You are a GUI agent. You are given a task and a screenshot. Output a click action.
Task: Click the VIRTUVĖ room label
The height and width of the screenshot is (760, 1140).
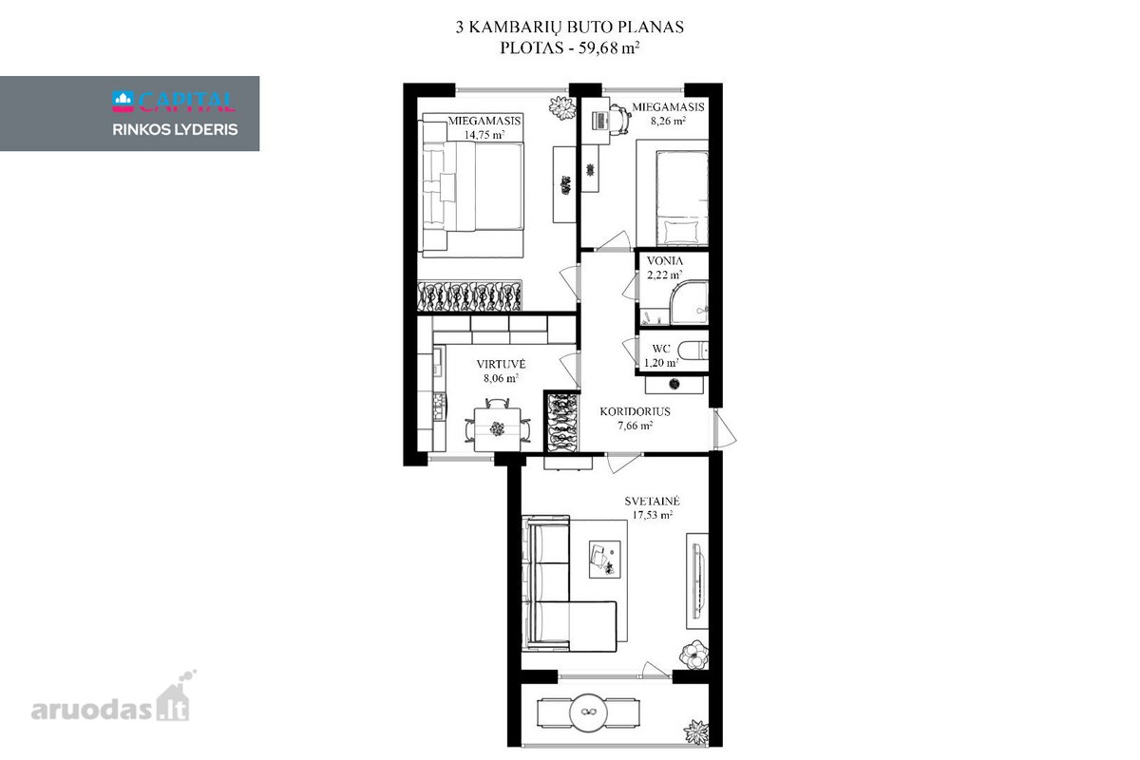[x=501, y=364]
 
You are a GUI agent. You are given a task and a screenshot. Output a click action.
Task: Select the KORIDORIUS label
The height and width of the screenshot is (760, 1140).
[x=635, y=411]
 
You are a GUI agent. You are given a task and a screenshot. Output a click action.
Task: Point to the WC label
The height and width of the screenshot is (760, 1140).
[x=661, y=349]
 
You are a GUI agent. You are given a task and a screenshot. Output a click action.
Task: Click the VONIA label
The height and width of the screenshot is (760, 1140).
[x=665, y=260]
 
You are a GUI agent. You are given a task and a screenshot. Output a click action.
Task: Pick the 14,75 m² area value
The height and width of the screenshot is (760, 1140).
[x=484, y=135]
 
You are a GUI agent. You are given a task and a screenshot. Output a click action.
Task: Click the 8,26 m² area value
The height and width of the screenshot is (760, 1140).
[x=668, y=121]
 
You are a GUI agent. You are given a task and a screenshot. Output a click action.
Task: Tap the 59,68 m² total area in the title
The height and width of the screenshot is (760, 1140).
[x=609, y=47]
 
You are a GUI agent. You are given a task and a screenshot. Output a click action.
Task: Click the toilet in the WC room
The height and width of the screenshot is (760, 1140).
[x=693, y=351]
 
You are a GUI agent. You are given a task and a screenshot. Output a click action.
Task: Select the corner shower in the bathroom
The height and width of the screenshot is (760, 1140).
[x=689, y=303]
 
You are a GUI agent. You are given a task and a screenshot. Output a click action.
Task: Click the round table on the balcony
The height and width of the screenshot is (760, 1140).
[x=588, y=712]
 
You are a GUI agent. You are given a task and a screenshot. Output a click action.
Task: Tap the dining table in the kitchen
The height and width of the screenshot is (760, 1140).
[x=497, y=429]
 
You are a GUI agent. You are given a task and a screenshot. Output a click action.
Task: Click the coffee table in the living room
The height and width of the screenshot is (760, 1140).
[x=604, y=559]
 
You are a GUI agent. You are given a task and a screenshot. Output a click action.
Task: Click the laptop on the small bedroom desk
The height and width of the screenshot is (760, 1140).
[x=600, y=121]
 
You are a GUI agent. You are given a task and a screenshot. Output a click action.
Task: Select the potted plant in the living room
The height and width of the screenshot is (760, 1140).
[x=693, y=655]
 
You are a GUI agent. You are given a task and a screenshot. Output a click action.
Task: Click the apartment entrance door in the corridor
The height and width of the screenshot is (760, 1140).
[x=724, y=429]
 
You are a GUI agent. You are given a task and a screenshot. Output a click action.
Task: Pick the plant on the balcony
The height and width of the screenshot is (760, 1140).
[x=695, y=732]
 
